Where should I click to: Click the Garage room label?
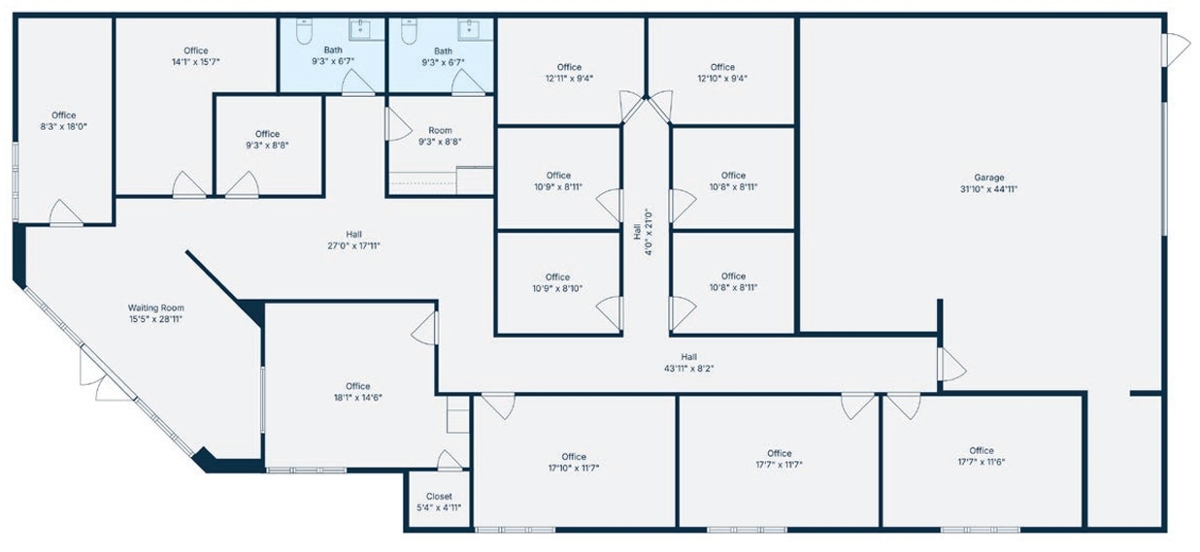(x=988, y=178)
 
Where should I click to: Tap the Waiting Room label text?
(x=156, y=308)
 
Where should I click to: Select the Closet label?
(x=439, y=496)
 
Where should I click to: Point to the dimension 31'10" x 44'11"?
(x=988, y=189)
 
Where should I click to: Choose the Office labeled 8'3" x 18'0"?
(x=64, y=120)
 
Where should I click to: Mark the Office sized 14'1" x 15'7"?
(x=196, y=55)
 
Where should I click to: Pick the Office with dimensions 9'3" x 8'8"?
(x=267, y=139)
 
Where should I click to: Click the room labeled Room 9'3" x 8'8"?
(x=440, y=135)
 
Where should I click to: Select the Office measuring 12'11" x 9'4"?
(x=570, y=72)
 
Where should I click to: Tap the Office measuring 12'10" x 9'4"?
(x=722, y=72)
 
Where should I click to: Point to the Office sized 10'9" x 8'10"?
(x=557, y=282)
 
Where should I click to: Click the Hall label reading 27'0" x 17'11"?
(x=353, y=240)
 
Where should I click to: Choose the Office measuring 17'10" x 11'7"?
(x=574, y=462)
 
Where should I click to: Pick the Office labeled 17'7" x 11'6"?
(x=981, y=456)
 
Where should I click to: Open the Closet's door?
(x=449, y=461)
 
